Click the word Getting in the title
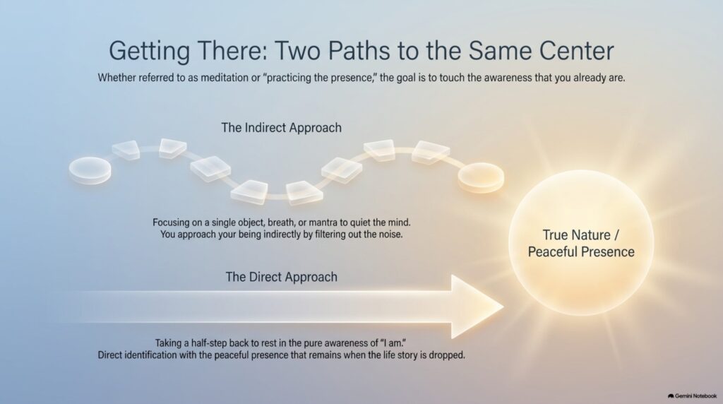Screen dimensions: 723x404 pos(150,52)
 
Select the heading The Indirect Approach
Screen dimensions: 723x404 pos(281,127)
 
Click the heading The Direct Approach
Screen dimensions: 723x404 pos(281,277)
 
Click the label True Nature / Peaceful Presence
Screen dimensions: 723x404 pos(581,243)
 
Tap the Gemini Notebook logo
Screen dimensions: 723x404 pos(692,396)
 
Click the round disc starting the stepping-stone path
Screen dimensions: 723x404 pos(90,170)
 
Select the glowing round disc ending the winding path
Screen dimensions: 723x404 pos(481,177)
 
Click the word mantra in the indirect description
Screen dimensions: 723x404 pos(323,222)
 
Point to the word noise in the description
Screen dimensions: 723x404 pos(390,234)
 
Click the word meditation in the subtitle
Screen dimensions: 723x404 pos(225,78)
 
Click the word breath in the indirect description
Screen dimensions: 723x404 pos(281,222)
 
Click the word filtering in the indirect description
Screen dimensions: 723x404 pos(330,234)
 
